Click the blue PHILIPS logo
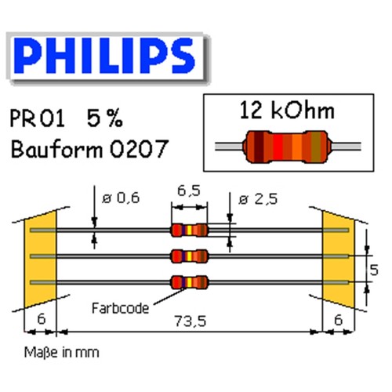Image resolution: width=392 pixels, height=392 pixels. [104, 56]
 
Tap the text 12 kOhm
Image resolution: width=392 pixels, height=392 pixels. [287, 111]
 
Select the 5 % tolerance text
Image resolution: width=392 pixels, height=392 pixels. [104, 118]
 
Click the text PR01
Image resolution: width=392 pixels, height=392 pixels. [37, 118]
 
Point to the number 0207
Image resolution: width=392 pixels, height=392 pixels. [139, 148]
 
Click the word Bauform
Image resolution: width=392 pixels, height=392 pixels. [56, 148]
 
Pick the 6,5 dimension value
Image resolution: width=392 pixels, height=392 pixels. [189, 191]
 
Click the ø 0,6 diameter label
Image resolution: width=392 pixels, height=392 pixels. [121, 198]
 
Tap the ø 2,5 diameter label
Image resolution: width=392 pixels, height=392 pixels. [258, 199]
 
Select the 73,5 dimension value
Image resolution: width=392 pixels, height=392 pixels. [191, 321]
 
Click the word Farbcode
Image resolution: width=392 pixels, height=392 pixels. [121, 308]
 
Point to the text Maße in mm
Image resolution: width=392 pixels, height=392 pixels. [62, 352]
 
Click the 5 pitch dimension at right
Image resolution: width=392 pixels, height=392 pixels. [374, 270]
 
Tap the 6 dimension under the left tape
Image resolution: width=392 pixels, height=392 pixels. [42, 319]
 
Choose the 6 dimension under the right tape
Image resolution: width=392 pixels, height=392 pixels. [339, 320]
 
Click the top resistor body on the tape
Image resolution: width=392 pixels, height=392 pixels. [190, 230]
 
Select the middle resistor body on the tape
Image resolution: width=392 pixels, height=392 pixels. [190, 256]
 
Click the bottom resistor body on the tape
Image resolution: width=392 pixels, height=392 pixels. [190, 282]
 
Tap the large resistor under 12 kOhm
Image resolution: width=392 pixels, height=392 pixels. [288, 147]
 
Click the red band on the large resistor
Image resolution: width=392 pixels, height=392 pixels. [278, 147]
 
